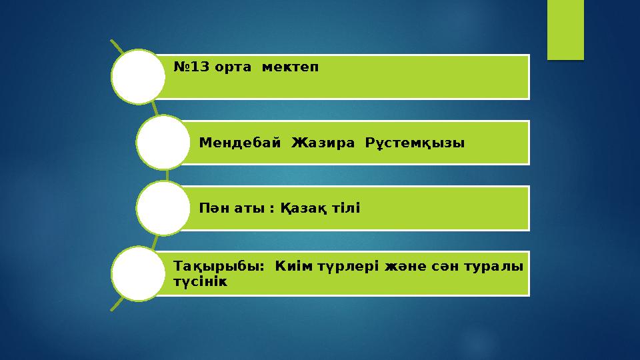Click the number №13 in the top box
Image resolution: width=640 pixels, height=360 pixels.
(x=190, y=67)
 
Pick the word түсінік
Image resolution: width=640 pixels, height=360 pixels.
(x=200, y=281)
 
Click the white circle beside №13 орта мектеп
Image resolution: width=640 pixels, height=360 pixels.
(x=138, y=77)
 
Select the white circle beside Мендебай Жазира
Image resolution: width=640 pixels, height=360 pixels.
(x=163, y=142)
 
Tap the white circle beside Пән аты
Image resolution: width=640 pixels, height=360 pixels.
(x=163, y=207)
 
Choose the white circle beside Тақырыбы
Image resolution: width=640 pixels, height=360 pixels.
(x=138, y=273)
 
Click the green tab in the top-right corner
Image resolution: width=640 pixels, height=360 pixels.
(x=565, y=29)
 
